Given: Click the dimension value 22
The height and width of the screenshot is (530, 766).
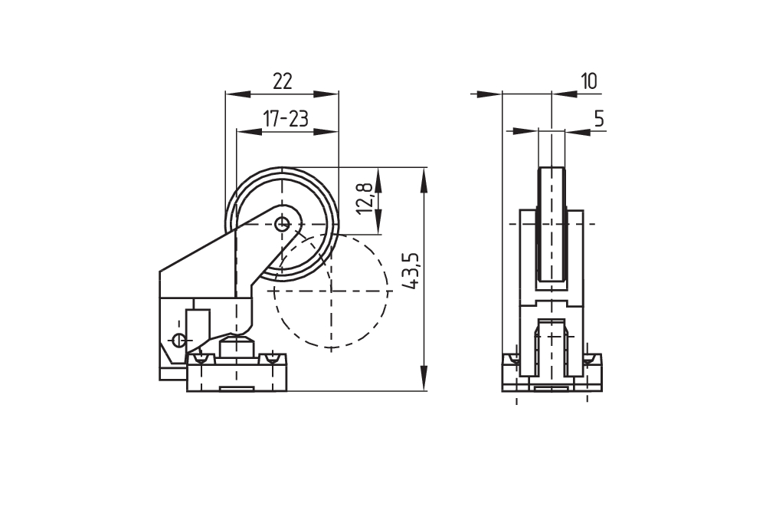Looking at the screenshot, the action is pos(283,81).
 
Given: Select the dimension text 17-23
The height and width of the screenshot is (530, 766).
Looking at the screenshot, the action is pos(286,118).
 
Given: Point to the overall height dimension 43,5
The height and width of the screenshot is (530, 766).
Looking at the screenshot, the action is pos(411,271).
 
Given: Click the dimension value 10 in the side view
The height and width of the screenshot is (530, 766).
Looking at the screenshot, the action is pos(588,81).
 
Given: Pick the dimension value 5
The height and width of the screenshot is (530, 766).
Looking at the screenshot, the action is pos(600,118).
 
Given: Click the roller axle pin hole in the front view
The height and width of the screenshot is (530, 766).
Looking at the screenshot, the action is pos(282,225).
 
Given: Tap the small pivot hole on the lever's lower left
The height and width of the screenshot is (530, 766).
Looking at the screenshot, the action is pos(179,340).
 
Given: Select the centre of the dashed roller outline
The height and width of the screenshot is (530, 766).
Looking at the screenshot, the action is pos(331,291).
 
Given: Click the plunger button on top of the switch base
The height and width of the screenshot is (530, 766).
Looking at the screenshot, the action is pos(236,347).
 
